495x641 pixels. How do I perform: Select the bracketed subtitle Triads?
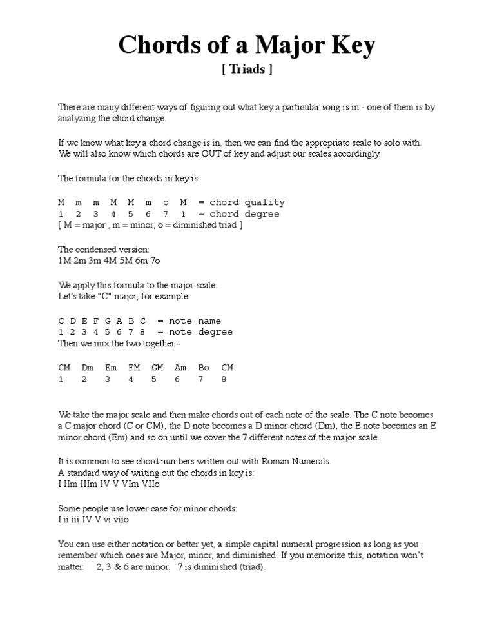pos(247,70)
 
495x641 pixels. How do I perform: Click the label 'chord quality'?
pos(247,202)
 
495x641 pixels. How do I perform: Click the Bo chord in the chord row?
pos(204,368)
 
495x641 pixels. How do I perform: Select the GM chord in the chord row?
pos(157,368)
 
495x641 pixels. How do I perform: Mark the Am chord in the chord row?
pos(180,368)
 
